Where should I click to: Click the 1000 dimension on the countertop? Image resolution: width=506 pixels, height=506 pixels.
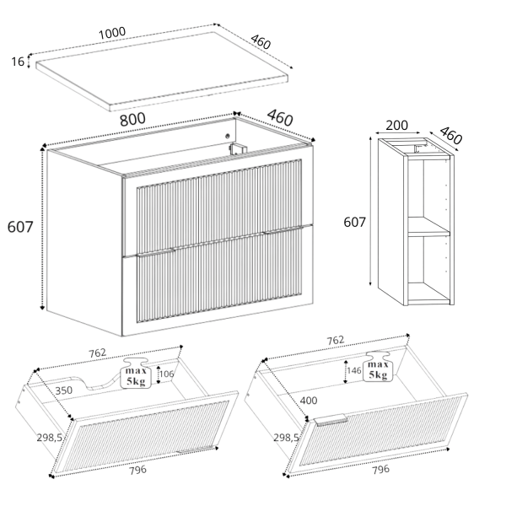[111, 33]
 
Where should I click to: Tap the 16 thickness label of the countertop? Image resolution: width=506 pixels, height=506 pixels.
[18, 62]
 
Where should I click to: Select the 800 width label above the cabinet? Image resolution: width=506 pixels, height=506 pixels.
[132, 119]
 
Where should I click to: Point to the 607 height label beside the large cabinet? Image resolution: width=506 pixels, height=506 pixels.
[20, 227]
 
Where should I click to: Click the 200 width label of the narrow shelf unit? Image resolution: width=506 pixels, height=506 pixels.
[396, 125]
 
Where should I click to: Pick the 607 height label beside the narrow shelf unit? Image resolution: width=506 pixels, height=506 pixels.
[355, 222]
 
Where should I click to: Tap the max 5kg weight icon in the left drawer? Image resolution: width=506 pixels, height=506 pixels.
[136, 373]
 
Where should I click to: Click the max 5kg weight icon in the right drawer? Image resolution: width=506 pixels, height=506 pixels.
[378, 367]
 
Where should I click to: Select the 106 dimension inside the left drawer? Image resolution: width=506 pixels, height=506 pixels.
[166, 374]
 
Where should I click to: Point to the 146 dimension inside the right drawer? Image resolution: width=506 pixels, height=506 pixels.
[354, 370]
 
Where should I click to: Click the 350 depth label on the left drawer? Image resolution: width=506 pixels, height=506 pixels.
[63, 390]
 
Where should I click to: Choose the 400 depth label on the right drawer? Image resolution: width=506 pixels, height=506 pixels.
[309, 401]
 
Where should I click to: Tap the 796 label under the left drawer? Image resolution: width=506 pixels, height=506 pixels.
[137, 470]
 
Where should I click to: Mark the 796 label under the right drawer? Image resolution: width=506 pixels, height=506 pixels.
[381, 469]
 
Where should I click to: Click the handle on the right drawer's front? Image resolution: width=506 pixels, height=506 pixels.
[331, 419]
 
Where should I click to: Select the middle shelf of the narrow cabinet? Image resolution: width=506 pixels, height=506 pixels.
[428, 226]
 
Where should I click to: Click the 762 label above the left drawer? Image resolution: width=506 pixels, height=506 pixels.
[98, 353]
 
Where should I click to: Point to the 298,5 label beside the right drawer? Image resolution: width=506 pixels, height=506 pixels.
[286, 438]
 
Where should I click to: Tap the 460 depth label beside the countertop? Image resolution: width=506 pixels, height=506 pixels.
[261, 42]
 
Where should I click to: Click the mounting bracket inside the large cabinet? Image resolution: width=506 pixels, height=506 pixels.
[238, 148]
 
